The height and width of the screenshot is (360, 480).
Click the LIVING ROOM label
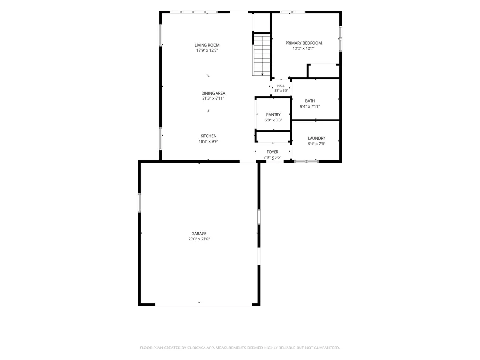[207, 45]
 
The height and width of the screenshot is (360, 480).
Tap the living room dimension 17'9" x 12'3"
[207, 50]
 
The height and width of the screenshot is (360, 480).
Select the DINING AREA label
[213, 93]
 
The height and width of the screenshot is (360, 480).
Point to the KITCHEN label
[208, 136]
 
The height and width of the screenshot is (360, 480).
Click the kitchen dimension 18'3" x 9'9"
[208, 142]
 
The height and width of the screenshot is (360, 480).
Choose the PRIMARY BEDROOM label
[303, 43]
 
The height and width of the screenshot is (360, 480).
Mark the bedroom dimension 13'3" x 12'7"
[303, 48]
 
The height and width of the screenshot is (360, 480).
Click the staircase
[262, 55]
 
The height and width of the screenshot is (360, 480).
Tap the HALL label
[281, 86]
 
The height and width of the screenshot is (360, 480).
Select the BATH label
[310, 101]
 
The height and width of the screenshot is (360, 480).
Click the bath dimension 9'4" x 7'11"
[310, 106]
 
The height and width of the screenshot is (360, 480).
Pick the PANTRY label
[274, 115]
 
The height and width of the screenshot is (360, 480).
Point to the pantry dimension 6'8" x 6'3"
[274, 120]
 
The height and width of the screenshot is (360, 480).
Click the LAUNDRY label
[316, 138]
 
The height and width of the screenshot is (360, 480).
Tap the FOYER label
[273, 152]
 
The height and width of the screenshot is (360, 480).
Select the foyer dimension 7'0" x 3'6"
[273, 157]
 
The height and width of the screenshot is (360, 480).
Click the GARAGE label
[199, 234]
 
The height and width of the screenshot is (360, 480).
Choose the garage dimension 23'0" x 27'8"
[199, 239]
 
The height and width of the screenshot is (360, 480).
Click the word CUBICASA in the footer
[200, 348]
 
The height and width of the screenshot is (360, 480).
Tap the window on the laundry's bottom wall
[306, 161]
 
